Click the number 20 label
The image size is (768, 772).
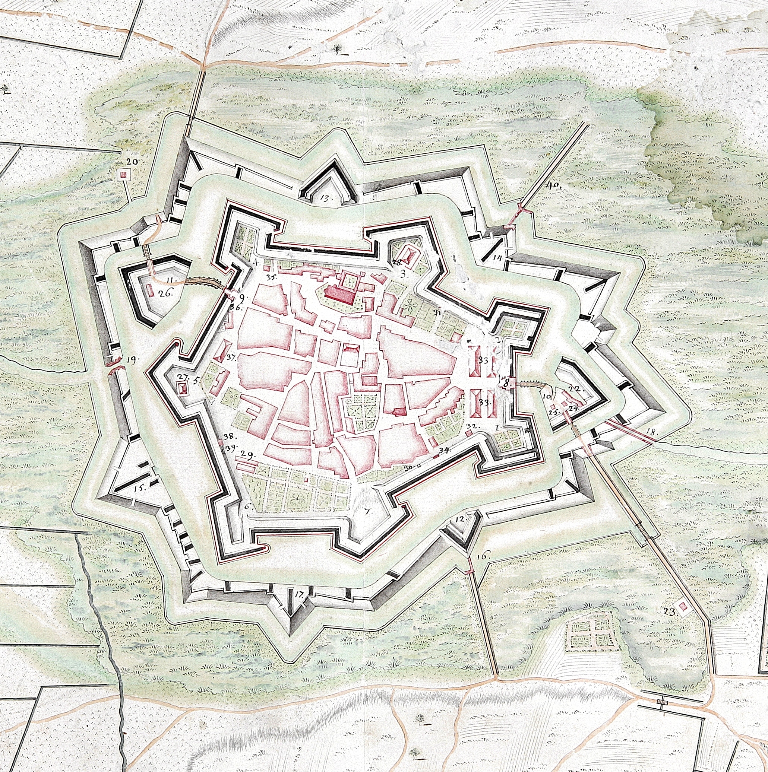pyautogui.click(x=132, y=162)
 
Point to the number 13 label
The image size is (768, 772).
pyautogui.click(x=325, y=197)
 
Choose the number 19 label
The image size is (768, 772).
pyautogui.click(x=131, y=359)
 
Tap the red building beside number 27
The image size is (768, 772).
pyautogui.click(x=183, y=388)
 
